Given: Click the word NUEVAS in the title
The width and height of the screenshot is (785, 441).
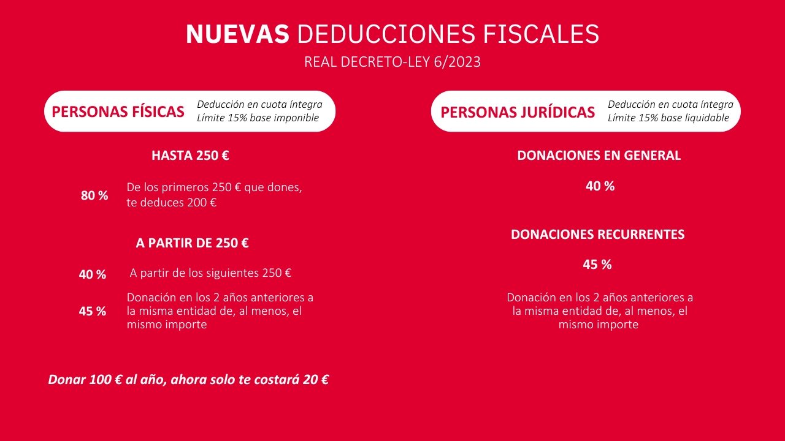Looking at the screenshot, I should pyautogui.click(x=237, y=34).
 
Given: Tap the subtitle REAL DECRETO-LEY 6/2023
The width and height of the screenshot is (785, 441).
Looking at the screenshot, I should pyautogui.click(x=392, y=62).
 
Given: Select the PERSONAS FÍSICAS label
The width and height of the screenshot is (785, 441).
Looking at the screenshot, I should pyautogui.click(x=118, y=111).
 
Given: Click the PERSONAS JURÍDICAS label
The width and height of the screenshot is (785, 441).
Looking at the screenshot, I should pyautogui.click(x=518, y=112).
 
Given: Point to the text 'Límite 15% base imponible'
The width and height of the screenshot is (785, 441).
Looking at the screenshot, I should pyautogui.click(x=258, y=118).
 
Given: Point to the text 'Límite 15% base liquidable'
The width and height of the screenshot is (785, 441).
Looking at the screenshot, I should pyautogui.click(x=668, y=118).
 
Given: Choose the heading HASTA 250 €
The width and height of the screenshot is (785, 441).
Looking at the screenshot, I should pyautogui.click(x=190, y=156).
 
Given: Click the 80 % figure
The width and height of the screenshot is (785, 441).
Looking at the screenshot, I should pyautogui.click(x=94, y=195).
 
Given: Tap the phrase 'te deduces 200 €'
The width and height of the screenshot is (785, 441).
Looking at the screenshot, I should pyautogui.click(x=171, y=202).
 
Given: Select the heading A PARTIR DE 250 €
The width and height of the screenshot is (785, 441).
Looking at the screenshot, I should pyautogui.click(x=192, y=243).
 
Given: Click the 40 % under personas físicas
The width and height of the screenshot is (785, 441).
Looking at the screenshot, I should pyautogui.click(x=93, y=274).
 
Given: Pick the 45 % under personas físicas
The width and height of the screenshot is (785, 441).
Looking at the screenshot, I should pyautogui.click(x=93, y=311).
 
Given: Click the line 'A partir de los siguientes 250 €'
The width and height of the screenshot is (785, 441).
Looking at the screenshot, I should pyautogui.click(x=210, y=273).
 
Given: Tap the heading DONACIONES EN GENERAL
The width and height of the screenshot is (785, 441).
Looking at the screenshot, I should pyautogui.click(x=599, y=156).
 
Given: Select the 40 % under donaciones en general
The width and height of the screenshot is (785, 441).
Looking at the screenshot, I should pyautogui.click(x=600, y=186).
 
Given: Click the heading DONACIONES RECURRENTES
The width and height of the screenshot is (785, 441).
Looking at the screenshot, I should pyautogui.click(x=597, y=235).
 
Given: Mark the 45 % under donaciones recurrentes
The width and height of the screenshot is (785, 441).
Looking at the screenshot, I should pyautogui.click(x=597, y=265).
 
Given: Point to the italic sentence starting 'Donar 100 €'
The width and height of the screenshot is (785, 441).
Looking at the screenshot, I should pyautogui.click(x=188, y=380).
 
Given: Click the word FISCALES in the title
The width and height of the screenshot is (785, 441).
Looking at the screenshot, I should pyautogui.click(x=541, y=34).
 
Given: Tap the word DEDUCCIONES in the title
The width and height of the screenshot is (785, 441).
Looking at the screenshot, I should pyautogui.click(x=386, y=34).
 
